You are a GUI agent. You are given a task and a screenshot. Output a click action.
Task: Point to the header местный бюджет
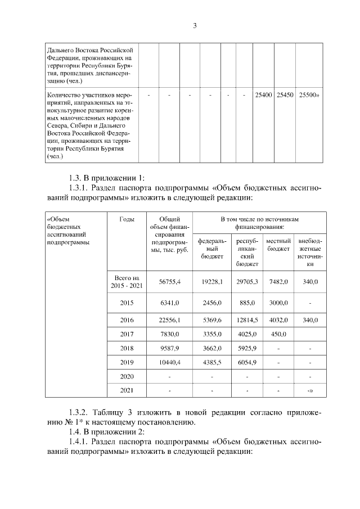click(x=278, y=245)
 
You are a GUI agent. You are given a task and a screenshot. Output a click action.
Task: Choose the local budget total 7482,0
click(x=278, y=281)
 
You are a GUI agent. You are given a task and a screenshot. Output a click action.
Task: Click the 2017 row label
click(x=127, y=334)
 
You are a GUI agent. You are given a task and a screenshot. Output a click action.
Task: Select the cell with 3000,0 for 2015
click(x=278, y=303)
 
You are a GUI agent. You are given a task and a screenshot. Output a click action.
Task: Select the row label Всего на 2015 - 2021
click(x=127, y=282)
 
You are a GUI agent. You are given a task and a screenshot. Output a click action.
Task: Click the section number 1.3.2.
click(x=75, y=412)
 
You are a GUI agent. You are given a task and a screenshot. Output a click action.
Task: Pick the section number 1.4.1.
click(x=75, y=442)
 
